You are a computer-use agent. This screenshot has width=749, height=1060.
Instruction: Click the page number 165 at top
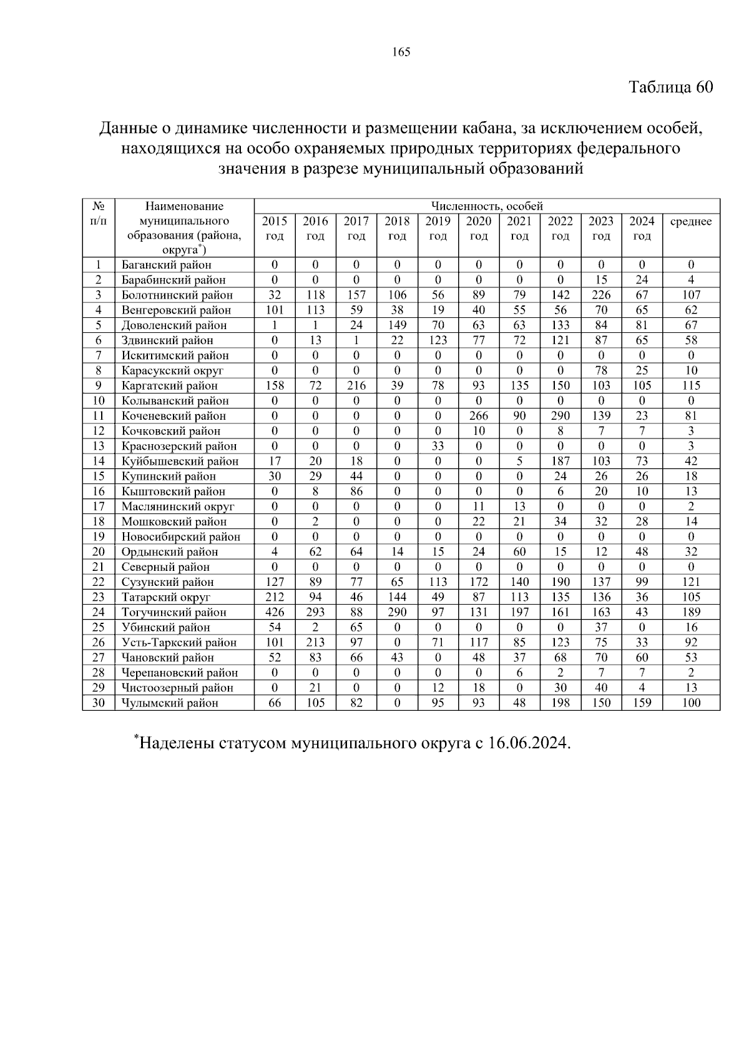pyautogui.click(x=401, y=52)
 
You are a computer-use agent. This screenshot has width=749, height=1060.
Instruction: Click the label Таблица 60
pyautogui.click(x=670, y=87)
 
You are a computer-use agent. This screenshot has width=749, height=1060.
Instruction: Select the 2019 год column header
pyautogui.click(x=438, y=228)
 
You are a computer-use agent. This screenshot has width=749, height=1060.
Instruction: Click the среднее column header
pyautogui.click(x=690, y=222)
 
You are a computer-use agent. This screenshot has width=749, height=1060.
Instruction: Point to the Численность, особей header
pyautogui.click(x=487, y=206)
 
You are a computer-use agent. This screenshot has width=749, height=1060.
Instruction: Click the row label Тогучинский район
pyautogui.click(x=174, y=612)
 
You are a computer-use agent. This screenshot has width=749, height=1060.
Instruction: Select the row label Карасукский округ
pyautogui.click(x=172, y=370)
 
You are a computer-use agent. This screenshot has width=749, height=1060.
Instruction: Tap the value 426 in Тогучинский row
pyautogui.click(x=275, y=612)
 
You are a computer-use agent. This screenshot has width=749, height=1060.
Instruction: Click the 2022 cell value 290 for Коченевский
pyautogui.click(x=561, y=416)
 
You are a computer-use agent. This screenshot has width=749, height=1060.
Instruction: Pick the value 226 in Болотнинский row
pyautogui.click(x=601, y=295)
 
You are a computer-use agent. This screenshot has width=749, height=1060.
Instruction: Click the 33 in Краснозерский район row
pyautogui.click(x=438, y=446)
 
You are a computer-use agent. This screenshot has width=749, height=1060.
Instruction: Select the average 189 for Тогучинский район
pyautogui.click(x=691, y=612)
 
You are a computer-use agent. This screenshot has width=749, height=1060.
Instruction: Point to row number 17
pyautogui.click(x=99, y=507)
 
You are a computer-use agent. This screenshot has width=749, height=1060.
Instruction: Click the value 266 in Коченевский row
pyautogui.click(x=479, y=416)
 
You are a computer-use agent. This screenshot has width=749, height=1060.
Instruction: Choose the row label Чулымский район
pyautogui.click(x=170, y=703)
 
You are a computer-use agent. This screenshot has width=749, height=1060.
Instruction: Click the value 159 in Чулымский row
pyautogui.click(x=642, y=703)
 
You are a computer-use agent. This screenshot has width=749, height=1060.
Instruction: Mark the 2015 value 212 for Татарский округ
pyautogui.click(x=275, y=597)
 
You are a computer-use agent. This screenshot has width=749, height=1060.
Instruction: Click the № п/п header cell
pyautogui.click(x=99, y=214)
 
